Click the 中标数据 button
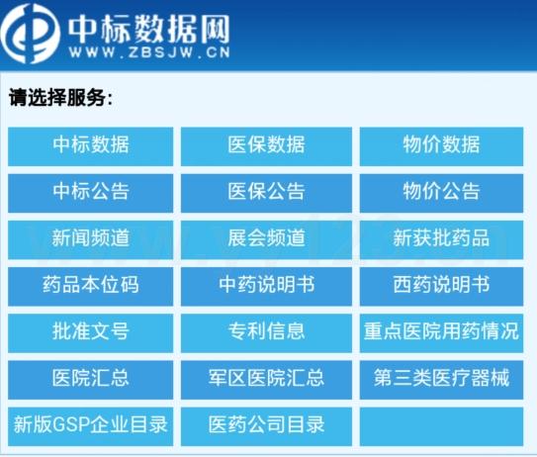point(91,146)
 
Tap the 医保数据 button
point(266,146)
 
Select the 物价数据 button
point(441,146)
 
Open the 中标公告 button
point(91,193)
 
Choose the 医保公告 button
point(266,193)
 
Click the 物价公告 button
point(441,193)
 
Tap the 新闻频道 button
point(91,239)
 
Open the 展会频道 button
point(266,239)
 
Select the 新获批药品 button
point(441,239)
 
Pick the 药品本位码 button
point(91,287)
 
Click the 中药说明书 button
point(266,287)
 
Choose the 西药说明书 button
point(441,287)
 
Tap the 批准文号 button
point(91,333)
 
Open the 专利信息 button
point(266,333)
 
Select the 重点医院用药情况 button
point(441,333)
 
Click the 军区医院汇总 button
point(266,380)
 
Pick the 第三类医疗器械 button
point(441,380)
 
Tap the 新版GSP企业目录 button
point(91,426)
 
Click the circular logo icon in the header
point(30,34)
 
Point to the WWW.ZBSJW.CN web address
point(149,52)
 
